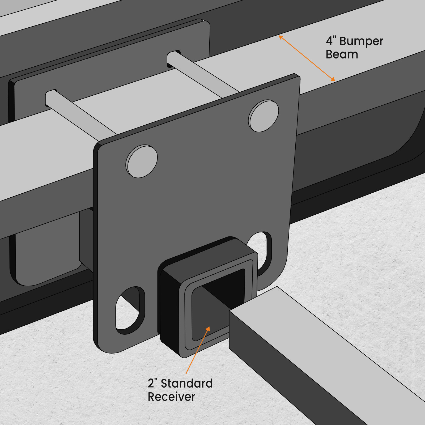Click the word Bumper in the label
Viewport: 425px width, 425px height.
coord(361,42)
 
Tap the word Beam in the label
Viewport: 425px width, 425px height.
coord(342,55)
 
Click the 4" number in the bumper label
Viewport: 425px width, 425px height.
coord(330,41)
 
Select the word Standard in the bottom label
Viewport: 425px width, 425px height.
coord(187,384)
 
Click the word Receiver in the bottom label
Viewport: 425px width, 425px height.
coord(171,397)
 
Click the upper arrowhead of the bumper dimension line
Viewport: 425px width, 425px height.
coord(281,37)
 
